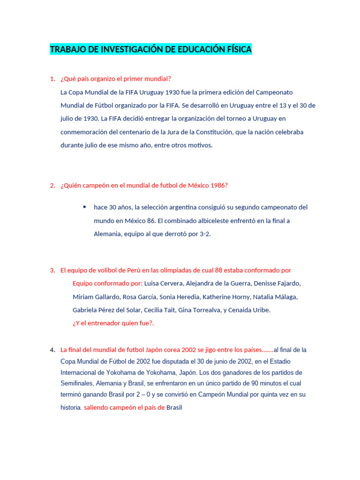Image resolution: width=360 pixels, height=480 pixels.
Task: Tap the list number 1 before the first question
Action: (x=52, y=79)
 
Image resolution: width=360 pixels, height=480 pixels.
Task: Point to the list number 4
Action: (x=52, y=350)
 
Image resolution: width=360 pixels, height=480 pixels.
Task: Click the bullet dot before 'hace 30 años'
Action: (x=84, y=207)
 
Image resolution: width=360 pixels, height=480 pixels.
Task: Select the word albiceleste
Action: (x=203, y=220)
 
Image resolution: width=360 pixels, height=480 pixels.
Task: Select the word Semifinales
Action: (x=77, y=383)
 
